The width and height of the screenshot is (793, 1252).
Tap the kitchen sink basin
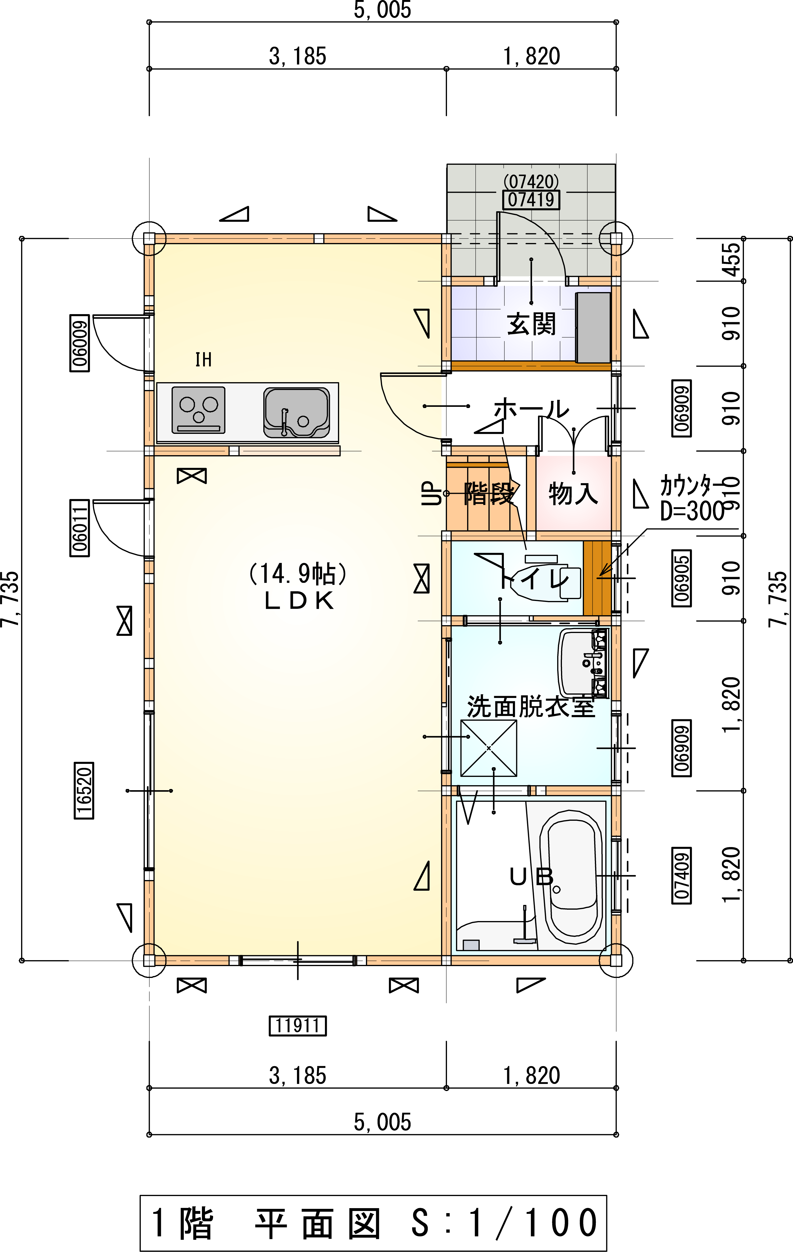(x=296, y=412)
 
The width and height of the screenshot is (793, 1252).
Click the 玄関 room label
(x=531, y=323)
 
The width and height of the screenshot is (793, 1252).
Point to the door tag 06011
(x=79, y=528)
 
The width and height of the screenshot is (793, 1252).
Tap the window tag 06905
(x=682, y=578)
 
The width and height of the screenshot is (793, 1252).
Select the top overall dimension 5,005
(x=383, y=10)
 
